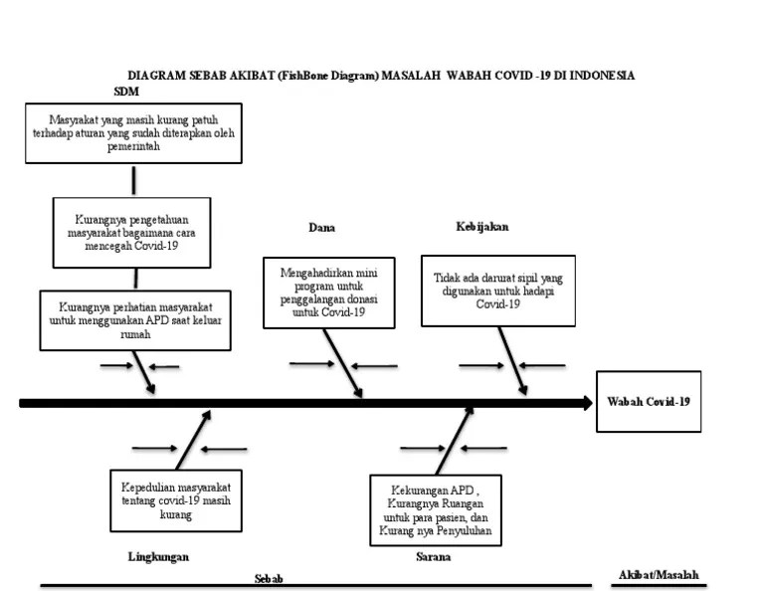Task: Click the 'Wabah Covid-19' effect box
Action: tap(648, 401)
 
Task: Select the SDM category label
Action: tap(126, 92)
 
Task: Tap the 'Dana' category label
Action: tap(321, 228)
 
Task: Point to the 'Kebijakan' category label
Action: tap(482, 227)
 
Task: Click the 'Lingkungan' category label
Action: tap(158, 557)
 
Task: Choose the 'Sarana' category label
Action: tap(433, 557)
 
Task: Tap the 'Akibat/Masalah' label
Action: tap(659, 575)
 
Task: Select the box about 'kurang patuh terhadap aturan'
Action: tap(133, 132)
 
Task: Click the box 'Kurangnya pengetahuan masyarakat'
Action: tap(131, 232)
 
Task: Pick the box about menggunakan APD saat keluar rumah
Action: tap(136, 319)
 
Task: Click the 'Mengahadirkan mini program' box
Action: tap(328, 292)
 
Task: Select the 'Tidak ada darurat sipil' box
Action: tap(498, 291)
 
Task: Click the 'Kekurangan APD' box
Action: tap(434, 511)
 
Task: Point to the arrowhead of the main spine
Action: tap(585, 403)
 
